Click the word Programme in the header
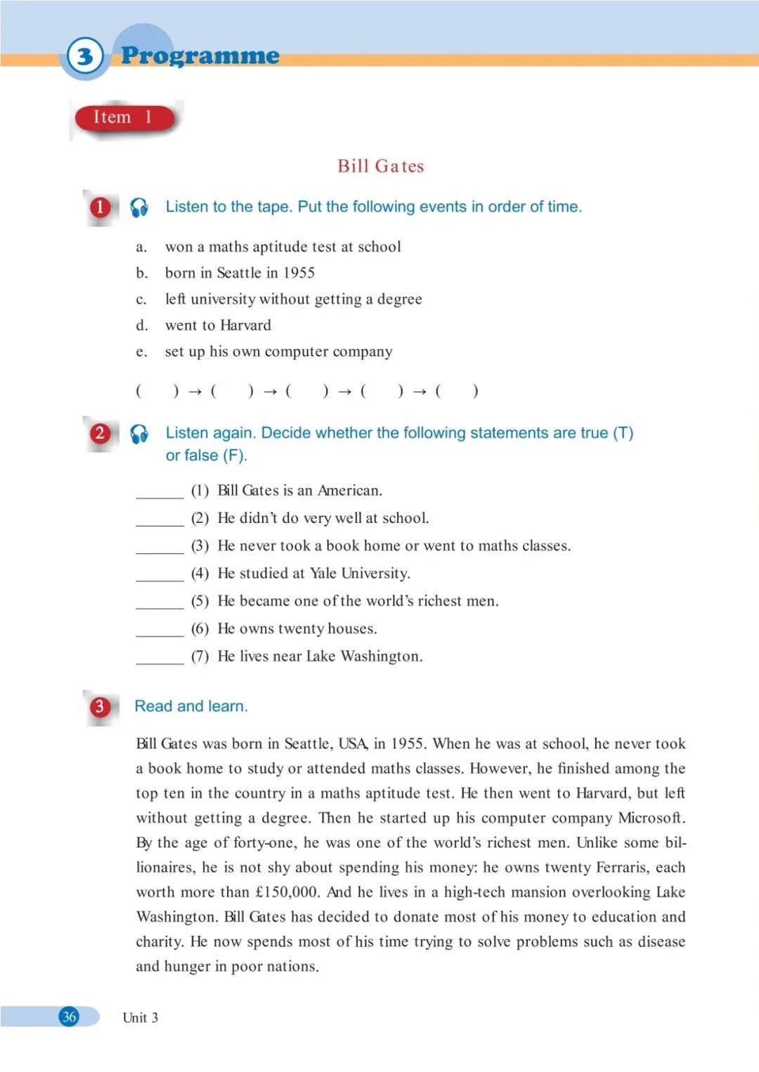[x=200, y=55]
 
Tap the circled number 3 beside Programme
[x=85, y=56]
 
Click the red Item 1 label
[x=124, y=117]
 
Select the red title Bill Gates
[x=380, y=166]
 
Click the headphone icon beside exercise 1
[x=139, y=207]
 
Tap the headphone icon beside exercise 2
[x=139, y=434]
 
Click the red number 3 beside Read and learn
[x=100, y=706]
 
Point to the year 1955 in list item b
[x=299, y=273]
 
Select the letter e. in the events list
[x=142, y=352]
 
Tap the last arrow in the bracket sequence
[x=420, y=392]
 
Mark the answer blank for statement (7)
[x=160, y=658]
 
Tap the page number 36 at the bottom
[x=69, y=1017]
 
